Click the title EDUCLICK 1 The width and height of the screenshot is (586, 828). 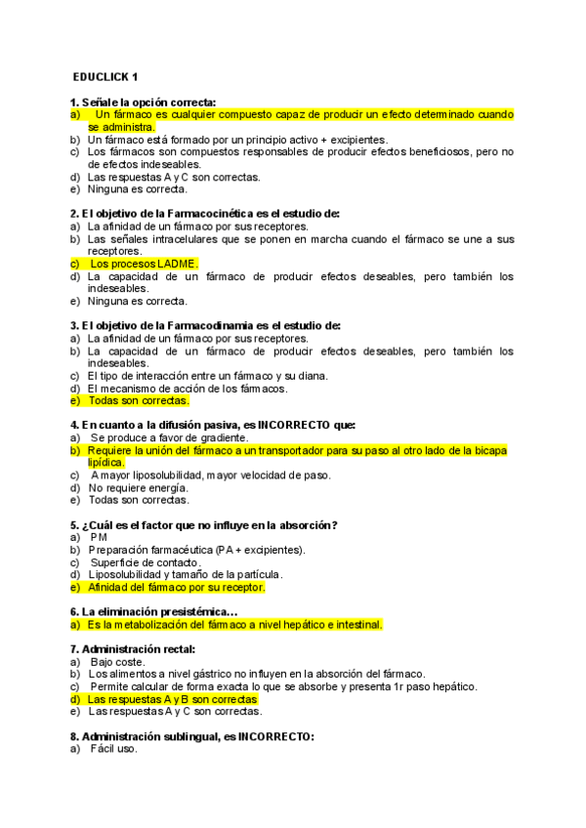coord(105,76)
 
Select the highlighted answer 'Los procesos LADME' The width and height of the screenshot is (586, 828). coord(144,264)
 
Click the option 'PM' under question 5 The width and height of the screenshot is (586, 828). coord(99,537)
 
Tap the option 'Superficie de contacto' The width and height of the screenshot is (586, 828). coord(146,562)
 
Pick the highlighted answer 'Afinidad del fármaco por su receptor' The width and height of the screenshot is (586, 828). coord(176,588)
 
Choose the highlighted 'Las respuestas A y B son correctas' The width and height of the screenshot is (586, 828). coord(172,699)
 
